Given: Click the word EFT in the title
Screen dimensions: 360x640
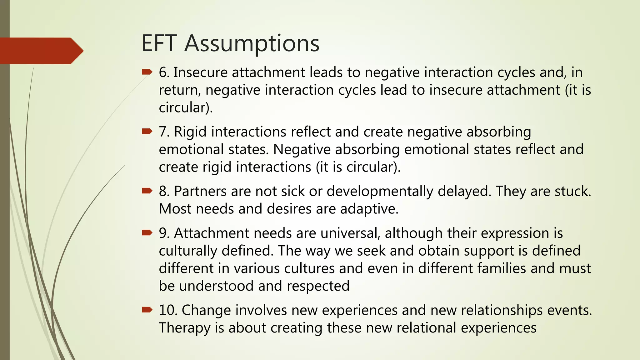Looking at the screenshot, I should point(159,43).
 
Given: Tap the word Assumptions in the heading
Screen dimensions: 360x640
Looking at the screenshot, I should point(252,43).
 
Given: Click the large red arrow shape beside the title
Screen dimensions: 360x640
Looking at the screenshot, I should point(41,51).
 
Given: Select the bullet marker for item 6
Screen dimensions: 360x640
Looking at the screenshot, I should point(147,72).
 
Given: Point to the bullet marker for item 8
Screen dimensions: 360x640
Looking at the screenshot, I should point(147,191).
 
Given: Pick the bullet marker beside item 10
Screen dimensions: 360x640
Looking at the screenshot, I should point(147,310).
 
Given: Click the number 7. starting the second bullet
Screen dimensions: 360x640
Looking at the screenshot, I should point(164,132).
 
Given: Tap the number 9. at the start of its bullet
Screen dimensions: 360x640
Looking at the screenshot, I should point(164,233).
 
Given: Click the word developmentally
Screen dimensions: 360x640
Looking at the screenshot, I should point(380,191).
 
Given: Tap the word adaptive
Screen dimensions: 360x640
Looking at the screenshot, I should point(369,209).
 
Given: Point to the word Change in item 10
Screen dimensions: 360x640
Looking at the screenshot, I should point(206,310).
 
